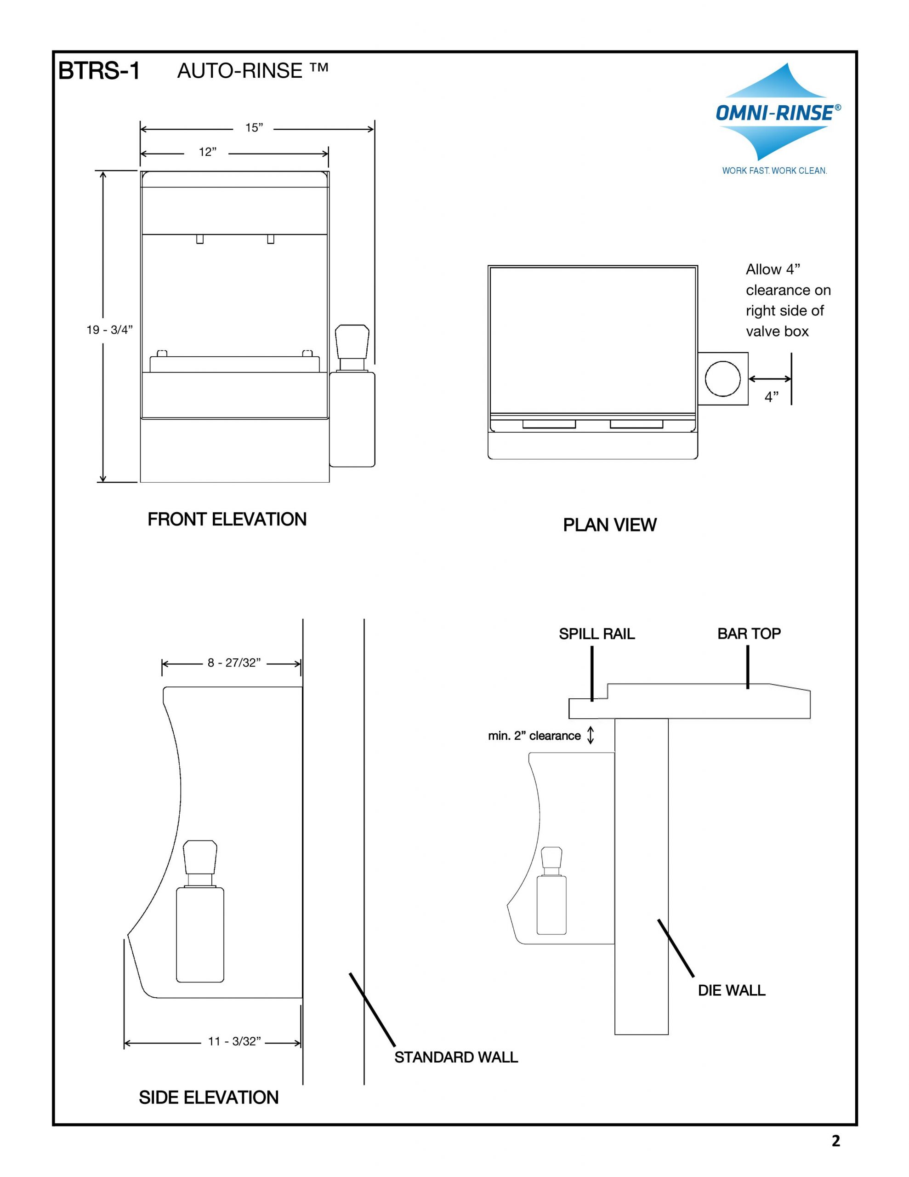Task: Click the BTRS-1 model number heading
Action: [x=99, y=71]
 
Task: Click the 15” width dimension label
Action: [x=254, y=128]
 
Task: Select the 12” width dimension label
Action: [x=207, y=153]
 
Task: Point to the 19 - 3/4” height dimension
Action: [x=109, y=330]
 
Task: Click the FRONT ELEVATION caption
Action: [x=227, y=520]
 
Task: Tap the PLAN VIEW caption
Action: [x=609, y=525]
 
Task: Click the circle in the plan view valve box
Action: [x=722, y=379]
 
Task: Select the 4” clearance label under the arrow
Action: [x=771, y=397]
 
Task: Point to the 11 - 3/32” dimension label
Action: [x=234, y=1041]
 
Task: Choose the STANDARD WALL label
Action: [x=456, y=1057]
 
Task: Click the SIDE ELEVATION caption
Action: [x=209, y=1098]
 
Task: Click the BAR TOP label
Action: [x=749, y=634]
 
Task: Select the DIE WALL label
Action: [x=731, y=990]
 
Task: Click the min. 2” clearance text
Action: [x=534, y=736]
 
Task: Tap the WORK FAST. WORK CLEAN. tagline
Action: [x=774, y=171]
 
